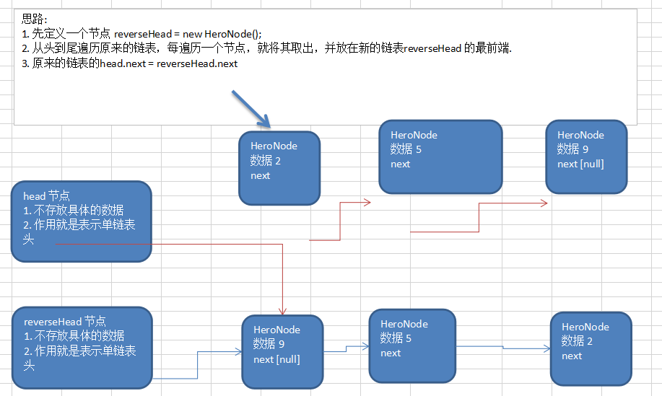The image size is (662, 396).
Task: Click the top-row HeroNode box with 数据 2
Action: [x=279, y=168]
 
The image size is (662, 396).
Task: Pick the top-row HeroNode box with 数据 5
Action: [x=440, y=157]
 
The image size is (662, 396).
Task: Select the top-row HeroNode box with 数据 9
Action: [x=586, y=157]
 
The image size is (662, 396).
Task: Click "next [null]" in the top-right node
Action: [x=580, y=164]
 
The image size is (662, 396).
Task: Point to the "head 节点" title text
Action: [x=46, y=195]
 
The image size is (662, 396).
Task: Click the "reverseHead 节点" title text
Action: [x=65, y=321]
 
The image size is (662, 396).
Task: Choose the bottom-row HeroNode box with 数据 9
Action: [x=282, y=351]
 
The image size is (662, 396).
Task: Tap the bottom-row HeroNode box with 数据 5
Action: [x=411, y=346]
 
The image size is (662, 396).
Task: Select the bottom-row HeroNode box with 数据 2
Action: [x=591, y=348]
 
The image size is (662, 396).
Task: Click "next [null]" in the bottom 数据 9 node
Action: [x=276, y=359]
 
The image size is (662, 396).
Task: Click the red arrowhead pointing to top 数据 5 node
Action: [x=367, y=203]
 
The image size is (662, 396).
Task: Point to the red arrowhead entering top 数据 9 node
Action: [x=544, y=204]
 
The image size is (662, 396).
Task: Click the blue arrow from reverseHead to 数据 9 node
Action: [x=196, y=364]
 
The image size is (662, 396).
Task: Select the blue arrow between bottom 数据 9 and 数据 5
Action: [x=347, y=349]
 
